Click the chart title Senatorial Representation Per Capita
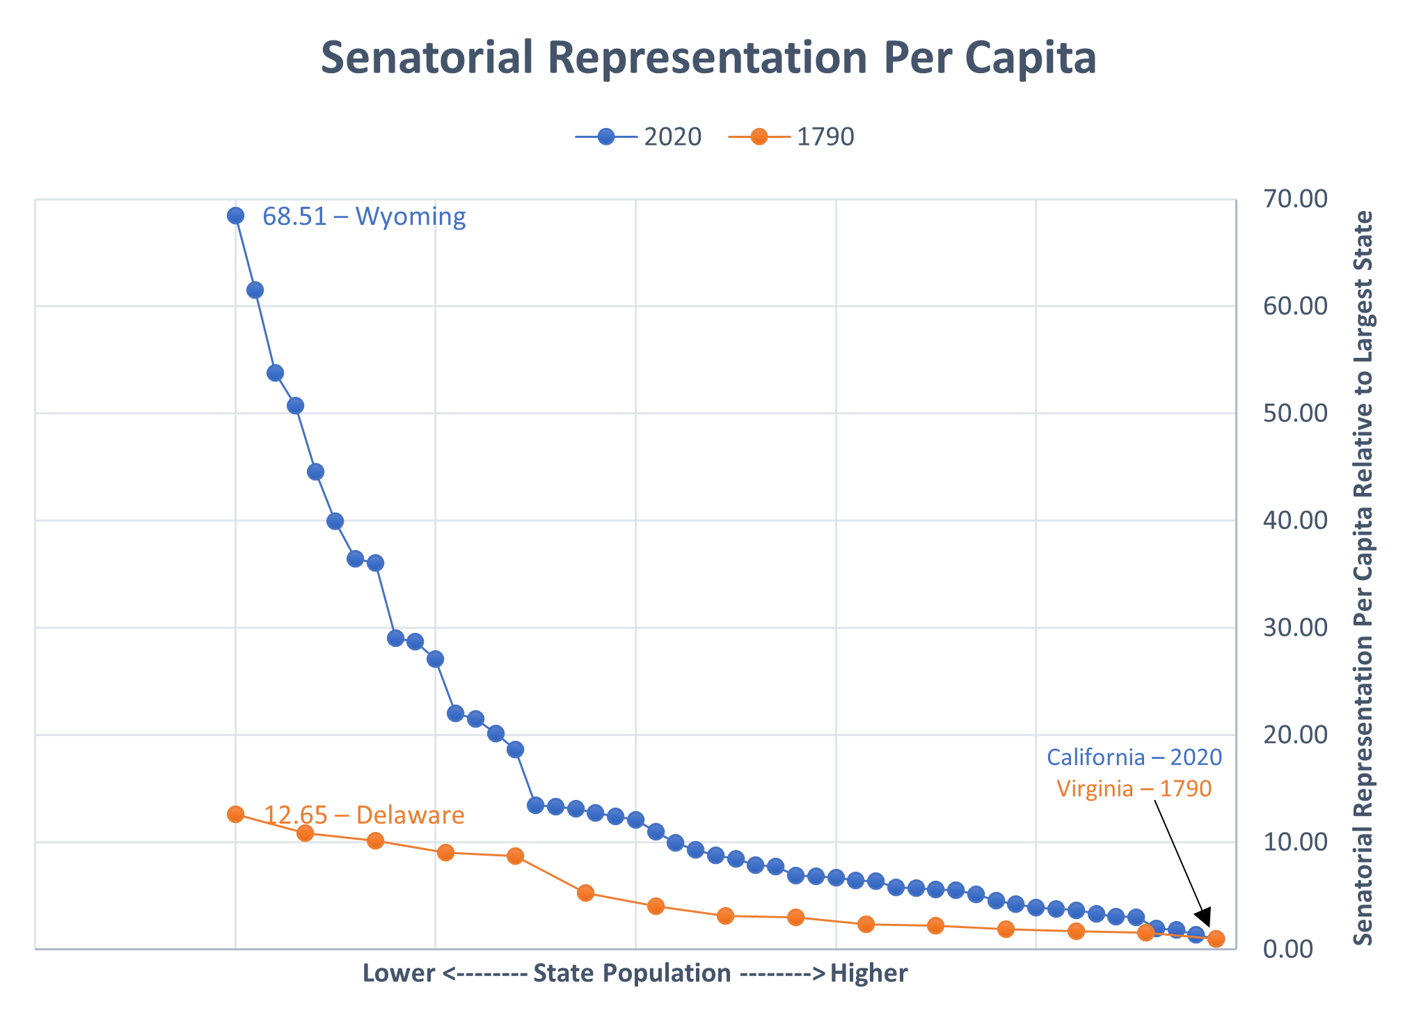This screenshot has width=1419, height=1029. pos(708,58)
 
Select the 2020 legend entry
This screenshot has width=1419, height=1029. pos(639,137)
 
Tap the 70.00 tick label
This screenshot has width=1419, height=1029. pos(1295,199)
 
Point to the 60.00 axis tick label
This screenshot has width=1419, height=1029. pos(1295,306)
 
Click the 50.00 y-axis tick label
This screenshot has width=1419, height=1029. pos(1295,414)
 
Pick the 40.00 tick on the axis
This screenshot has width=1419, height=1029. pos(1295,521)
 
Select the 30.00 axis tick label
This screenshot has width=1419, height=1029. pos(1295,628)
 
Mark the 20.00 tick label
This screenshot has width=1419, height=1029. pos(1295,735)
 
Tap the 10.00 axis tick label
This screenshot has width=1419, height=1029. pos(1295,842)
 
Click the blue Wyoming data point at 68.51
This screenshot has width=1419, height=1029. pos(235,216)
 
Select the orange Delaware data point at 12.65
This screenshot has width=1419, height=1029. pos(235,814)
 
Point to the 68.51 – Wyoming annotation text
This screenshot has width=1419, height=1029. pos(364,217)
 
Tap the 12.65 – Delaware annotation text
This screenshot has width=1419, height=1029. pos(364,815)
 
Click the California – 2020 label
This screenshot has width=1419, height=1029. pos(1134,757)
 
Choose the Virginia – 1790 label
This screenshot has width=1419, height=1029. pos(1134,789)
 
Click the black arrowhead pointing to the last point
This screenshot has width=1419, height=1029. pos(1205,918)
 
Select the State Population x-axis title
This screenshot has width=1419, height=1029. pos(635,973)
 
